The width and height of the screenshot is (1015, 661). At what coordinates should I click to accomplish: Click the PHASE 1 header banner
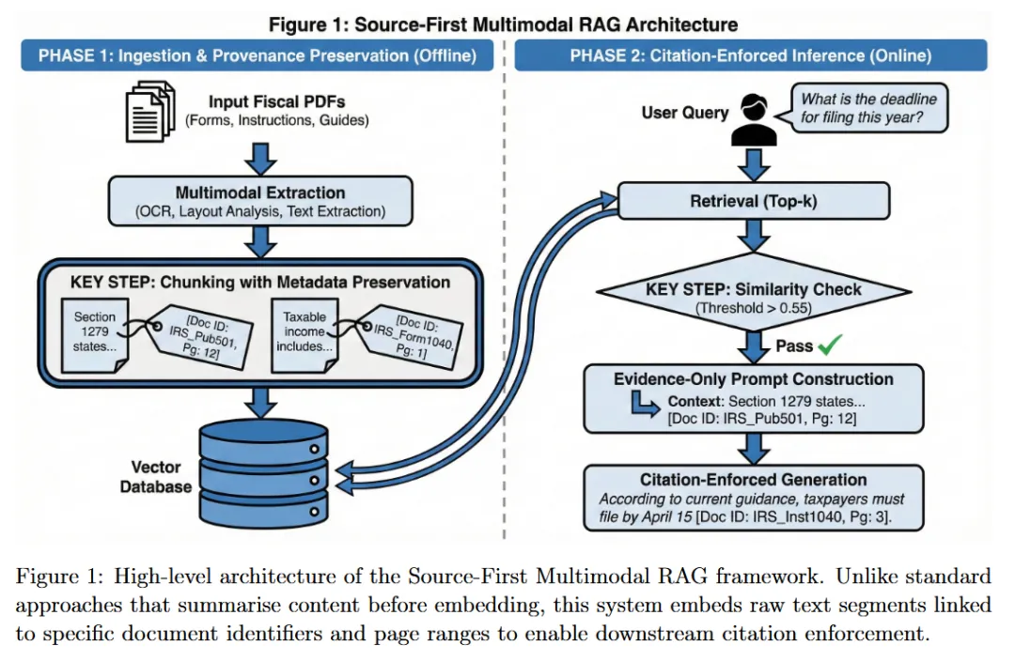point(258,55)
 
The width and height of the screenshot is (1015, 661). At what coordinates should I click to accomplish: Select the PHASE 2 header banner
point(750,55)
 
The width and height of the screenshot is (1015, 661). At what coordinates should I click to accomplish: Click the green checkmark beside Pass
point(829,346)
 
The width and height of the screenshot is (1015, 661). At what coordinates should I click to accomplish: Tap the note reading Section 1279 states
point(95,334)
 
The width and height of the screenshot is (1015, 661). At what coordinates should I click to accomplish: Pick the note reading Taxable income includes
point(304,334)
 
